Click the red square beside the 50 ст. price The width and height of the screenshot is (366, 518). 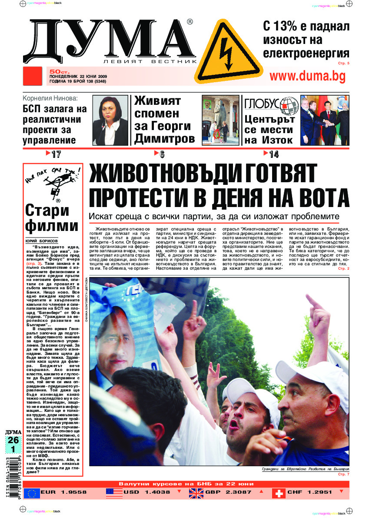click(34, 76)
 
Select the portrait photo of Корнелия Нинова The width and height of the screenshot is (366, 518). click(110, 120)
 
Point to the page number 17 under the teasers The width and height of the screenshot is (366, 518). click(56, 154)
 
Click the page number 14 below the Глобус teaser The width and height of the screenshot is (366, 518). click(274, 154)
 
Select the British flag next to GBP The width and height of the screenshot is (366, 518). click(195, 493)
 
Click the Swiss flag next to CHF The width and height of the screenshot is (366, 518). click(278, 493)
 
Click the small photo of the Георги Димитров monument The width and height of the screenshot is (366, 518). click(220, 120)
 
